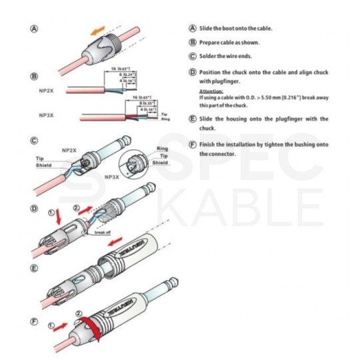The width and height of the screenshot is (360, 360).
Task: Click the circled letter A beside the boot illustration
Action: [33, 29]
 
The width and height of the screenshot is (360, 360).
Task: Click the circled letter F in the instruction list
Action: [193, 144]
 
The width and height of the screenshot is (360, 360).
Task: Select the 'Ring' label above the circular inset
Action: [161, 148]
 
